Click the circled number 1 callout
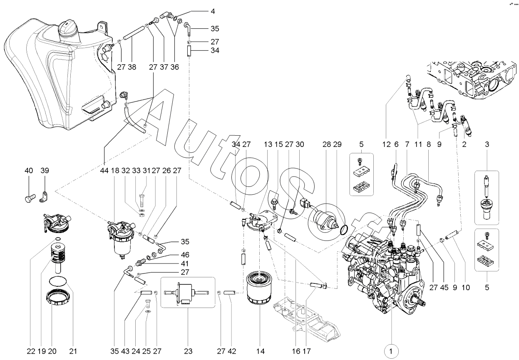click(x=391, y=351)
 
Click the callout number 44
click(x=104, y=171)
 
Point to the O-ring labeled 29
click(x=344, y=230)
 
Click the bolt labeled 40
click(x=30, y=198)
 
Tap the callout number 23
click(x=188, y=351)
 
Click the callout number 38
click(x=132, y=67)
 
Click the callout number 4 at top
click(x=213, y=11)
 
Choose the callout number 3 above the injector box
click(x=487, y=144)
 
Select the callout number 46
click(x=185, y=255)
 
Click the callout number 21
click(x=73, y=351)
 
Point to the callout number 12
click(x=386, y=144)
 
